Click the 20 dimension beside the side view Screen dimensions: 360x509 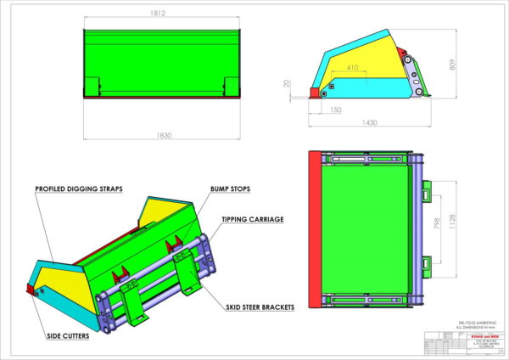(288, 84)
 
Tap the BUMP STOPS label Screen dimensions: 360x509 (229, 188)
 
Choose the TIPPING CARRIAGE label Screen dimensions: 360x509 (252, 219)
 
